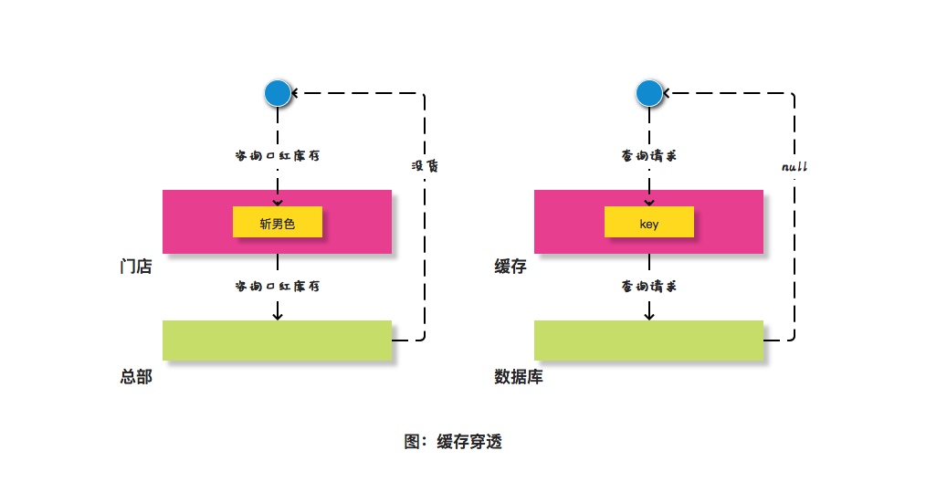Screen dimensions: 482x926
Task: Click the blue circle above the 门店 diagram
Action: [x=278, y=92]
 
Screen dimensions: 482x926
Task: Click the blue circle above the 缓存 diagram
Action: [x=648, y=92]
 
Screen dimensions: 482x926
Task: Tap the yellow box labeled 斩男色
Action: [x=278, y=222]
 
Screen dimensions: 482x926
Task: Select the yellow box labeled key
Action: [x=648, y=222]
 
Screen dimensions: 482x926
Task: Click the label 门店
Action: [x=135, y=267]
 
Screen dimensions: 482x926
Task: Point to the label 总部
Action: [x=135, y=376]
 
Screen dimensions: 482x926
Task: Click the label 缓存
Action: [x=510, y=267]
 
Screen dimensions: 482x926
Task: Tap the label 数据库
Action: [x=518, y=376]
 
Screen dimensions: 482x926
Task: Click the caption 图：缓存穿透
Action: [x=453, y=442]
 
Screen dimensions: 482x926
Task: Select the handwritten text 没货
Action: [x=424, y=166]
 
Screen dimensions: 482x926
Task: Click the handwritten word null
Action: [x=794, y=167]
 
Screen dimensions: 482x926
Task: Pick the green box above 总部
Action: [x=277, y=340]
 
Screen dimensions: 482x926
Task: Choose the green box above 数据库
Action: [x=648, y=340]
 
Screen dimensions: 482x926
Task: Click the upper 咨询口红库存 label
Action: [x=278, y=156]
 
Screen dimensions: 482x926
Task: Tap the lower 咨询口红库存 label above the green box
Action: [x=278, y=286]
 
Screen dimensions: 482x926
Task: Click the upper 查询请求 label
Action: [x=648, y=156]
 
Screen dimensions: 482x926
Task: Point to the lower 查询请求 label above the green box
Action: [x=648, y=286]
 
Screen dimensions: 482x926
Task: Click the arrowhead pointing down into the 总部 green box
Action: [x=278, y=315]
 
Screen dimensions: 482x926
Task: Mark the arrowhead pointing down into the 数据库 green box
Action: [x=648, y=315]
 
